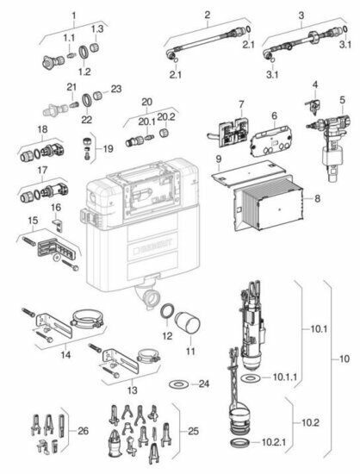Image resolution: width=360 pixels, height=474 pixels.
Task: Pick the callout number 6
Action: point(273,115)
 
